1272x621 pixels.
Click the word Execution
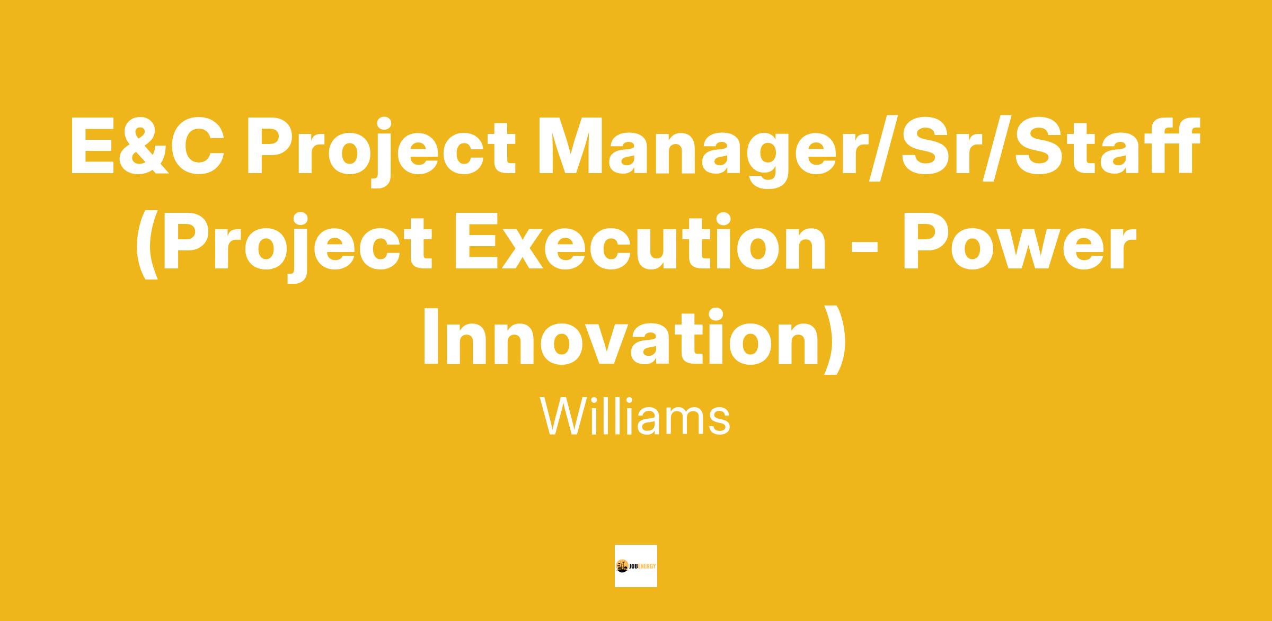[x=639, y=242]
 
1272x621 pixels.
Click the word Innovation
[x=621, y=337]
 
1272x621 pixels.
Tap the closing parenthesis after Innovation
[x=833, y=340]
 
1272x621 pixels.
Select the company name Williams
[x=635, y=416]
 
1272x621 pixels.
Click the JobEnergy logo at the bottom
[x=635, y=565]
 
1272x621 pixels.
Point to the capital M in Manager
[x=571, y=147]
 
